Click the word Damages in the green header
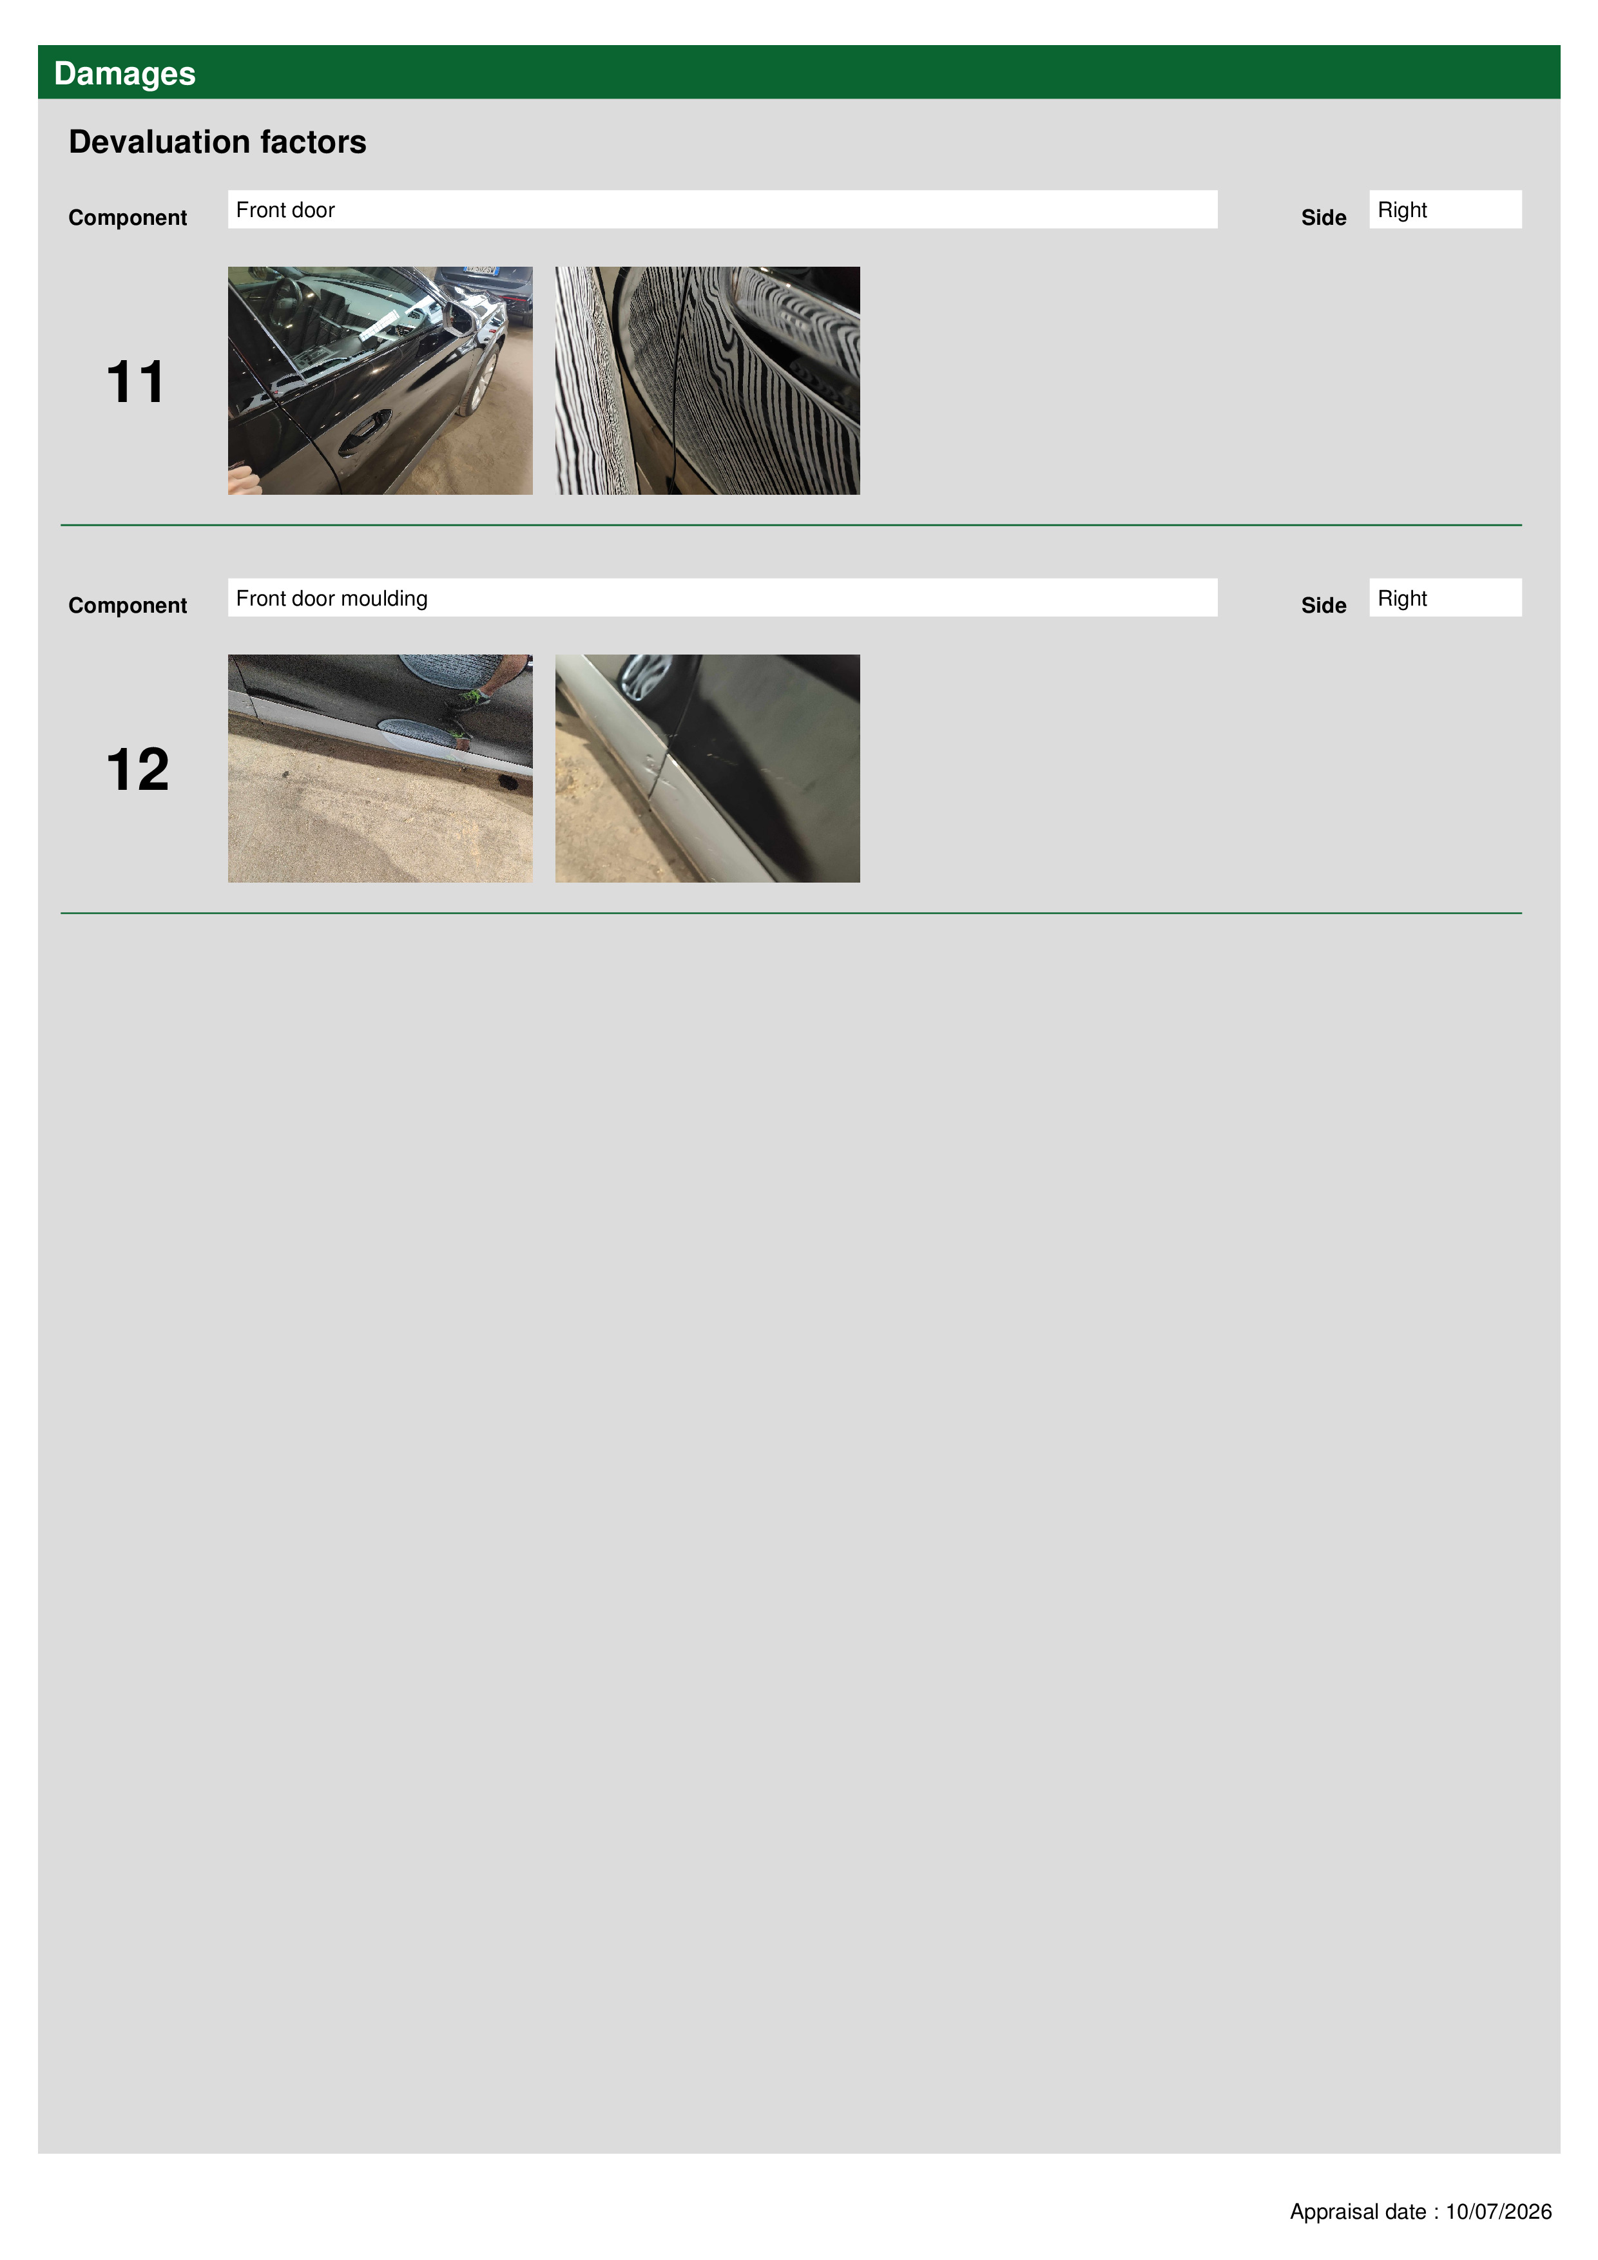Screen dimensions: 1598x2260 pyautogui.click(x=124, y=74)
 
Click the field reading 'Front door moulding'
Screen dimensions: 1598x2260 pyautogui.click(x=722, y=597)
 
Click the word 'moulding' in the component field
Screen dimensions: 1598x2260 pyautogui.click(x=384, y=599)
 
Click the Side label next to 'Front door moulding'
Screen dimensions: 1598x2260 pyautogui.click(x=1324, y=606)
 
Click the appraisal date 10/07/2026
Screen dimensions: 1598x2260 pyautogui.click(x=1499, y=2212)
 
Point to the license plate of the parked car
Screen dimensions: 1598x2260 pyautogui.click(x=481, y=269)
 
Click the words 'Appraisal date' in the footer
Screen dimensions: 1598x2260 pyautogui.click(x=1359, y=2212)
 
